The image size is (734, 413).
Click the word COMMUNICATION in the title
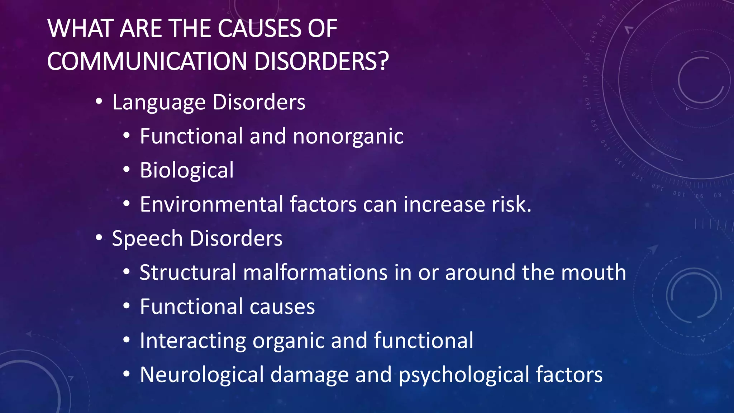coord(147,61)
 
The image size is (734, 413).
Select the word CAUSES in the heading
coord(259,28)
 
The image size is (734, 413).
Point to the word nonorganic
coord(348,136)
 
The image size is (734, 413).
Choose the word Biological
coord(186,170)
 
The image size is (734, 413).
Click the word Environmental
coord(212,204)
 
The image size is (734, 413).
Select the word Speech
coord(147,239)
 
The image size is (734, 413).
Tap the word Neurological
coord(202,375)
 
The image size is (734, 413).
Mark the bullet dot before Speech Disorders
coord(99,237)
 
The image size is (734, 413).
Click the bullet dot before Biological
coord(126,169)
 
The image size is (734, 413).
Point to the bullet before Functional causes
coord(126,305)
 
